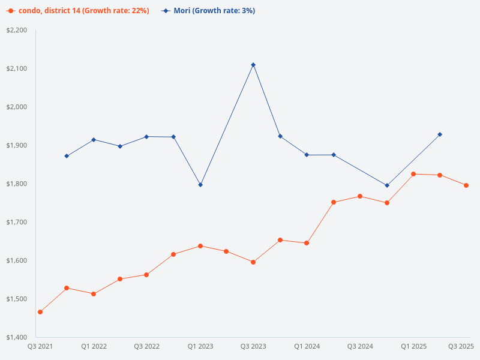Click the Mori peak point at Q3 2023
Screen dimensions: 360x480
[253, 65]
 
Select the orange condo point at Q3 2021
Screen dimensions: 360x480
[40, 312]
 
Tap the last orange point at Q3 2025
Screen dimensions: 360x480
[466, 185]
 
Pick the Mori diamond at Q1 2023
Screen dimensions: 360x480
[200, 185]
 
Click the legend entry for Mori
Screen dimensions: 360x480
[209, 11]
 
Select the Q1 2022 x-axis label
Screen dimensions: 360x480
[94, 346]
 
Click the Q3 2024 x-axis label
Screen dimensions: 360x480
[361, 346]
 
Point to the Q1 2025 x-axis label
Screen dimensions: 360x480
[414, 346]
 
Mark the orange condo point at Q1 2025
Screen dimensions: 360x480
[413, 174]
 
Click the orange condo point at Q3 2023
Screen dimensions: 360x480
[253, 262]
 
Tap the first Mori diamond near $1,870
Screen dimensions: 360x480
[67, 156]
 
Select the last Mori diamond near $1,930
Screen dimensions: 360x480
[440, 134]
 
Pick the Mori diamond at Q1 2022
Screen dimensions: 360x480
[94, 140]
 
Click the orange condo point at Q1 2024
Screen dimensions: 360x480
[307, 243]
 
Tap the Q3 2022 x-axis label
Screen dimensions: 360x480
[146, 346]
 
